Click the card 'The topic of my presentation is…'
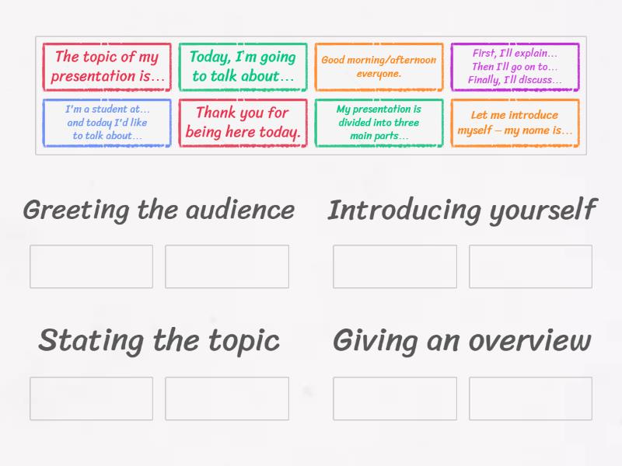[x=107, y=67]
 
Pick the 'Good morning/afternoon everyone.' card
[x=379, y=67]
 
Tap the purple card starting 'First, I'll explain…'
[x=515, y=67]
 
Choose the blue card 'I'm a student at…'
[x=107, y=123]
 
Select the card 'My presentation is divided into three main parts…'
[x=379, y=123]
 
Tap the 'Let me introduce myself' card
[x=515, y=123]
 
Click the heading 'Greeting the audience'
[x=159, y=210]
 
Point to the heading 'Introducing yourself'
[x=462, y=210]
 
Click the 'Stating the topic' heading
[x=159, y=340]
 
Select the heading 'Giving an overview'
[x=462, y=340]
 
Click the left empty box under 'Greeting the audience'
[x=91, y=266]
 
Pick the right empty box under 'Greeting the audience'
[x=227, y=266]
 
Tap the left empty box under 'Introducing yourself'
[x=394, y=266]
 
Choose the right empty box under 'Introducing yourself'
[x=530, y=266]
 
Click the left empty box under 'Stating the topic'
[x=91, y=398]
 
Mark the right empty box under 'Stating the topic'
[x=227, y=398]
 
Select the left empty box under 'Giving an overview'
[x=394, y=398]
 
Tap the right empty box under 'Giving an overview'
[x=530, y=398]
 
